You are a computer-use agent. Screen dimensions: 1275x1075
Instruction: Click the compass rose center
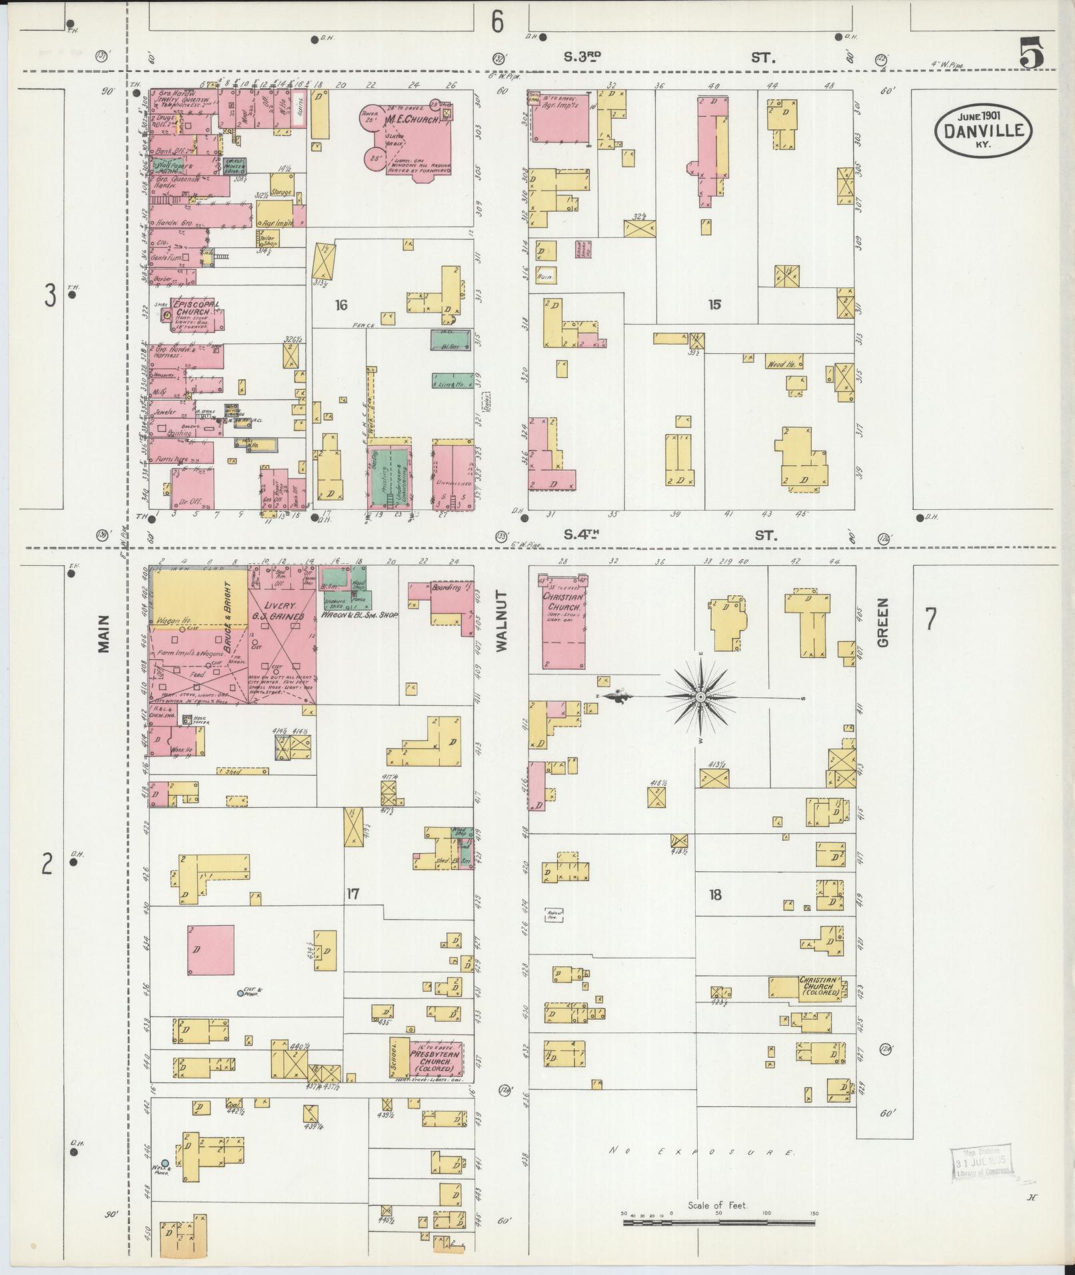tap(700, 697)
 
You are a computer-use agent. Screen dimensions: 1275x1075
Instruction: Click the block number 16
tap(341, 305)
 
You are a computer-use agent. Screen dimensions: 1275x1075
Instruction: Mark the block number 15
tap(714, 305)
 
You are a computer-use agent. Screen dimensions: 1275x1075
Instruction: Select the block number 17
tap(353, 894)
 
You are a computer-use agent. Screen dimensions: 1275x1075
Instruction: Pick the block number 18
tap(715, 894)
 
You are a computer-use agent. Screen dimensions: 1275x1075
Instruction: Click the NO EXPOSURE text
tap(702, 1151)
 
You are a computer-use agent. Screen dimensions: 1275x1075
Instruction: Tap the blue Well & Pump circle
tap(165, 1163)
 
